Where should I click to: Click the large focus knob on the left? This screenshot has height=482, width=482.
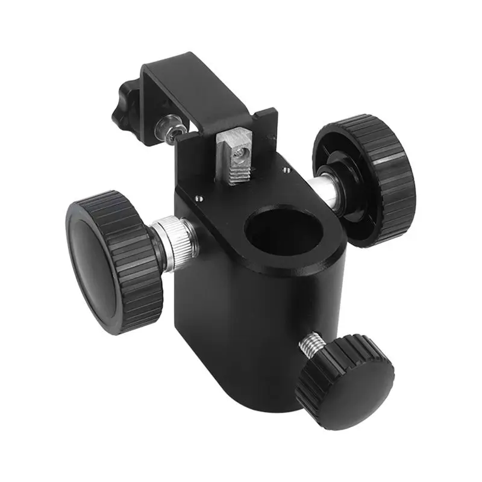tap(114, 262)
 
